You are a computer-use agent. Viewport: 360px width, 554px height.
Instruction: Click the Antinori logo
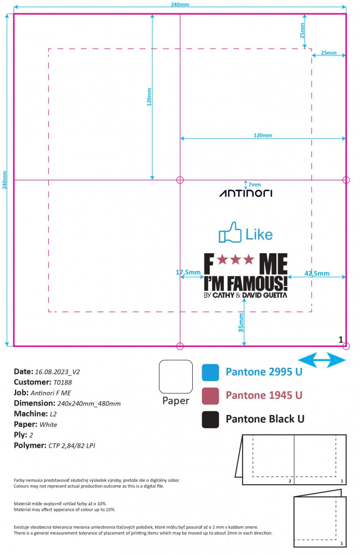pos(246,193)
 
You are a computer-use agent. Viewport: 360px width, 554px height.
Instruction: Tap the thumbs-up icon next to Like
pos(230,232)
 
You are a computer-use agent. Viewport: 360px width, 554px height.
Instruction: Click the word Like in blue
pos(259,234)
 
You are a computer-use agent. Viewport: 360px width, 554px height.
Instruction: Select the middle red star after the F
pos(235,259)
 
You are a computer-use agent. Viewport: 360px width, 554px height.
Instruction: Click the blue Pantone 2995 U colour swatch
pos(210,372)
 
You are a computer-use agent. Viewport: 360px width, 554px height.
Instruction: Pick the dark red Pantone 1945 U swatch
pos(210,396)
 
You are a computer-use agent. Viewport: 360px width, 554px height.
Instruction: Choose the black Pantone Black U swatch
pos(210,419)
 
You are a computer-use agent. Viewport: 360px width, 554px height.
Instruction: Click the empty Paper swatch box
pos(176,377)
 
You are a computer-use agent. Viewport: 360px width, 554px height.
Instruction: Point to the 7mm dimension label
pos(254,184)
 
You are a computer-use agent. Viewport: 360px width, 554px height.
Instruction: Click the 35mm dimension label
pos(241,322)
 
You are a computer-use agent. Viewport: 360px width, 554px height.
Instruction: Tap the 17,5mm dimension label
pos(188,272)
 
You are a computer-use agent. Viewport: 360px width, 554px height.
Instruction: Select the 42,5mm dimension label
pos(317,273)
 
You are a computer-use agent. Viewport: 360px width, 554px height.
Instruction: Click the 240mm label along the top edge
pos(180,4)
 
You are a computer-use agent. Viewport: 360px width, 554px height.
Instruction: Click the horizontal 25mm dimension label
pos(328,53)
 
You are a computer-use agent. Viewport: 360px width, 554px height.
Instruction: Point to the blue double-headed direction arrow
pos(322,360)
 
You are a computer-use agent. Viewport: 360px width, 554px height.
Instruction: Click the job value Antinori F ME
pos(50,393)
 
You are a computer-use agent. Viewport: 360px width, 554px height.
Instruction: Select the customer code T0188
pos(63,382)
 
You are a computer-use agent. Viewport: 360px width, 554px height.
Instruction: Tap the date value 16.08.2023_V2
pos(57,372)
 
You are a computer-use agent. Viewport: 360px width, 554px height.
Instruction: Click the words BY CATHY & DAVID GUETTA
pos(245,295)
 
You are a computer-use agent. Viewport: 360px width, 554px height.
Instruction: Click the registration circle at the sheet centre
pos(180,180)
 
